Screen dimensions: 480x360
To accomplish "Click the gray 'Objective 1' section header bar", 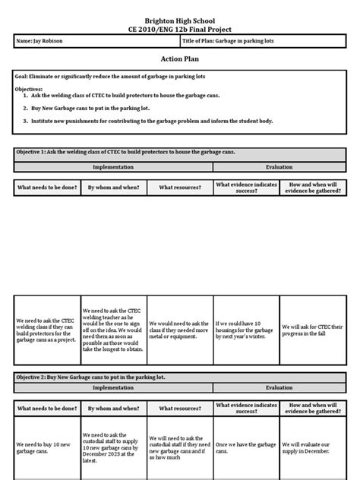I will [180, 153].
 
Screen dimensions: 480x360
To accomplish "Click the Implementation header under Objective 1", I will [113, 167].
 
